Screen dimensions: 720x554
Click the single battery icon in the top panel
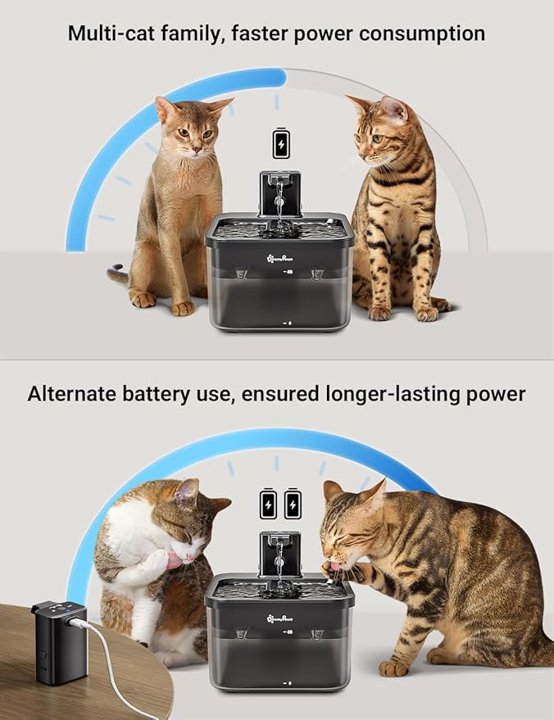pos(281,143)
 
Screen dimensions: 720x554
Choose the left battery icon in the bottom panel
pos(267,503)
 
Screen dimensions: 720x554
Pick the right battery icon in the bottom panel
pos(292,503)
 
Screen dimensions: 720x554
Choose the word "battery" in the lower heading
pos(186,393)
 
